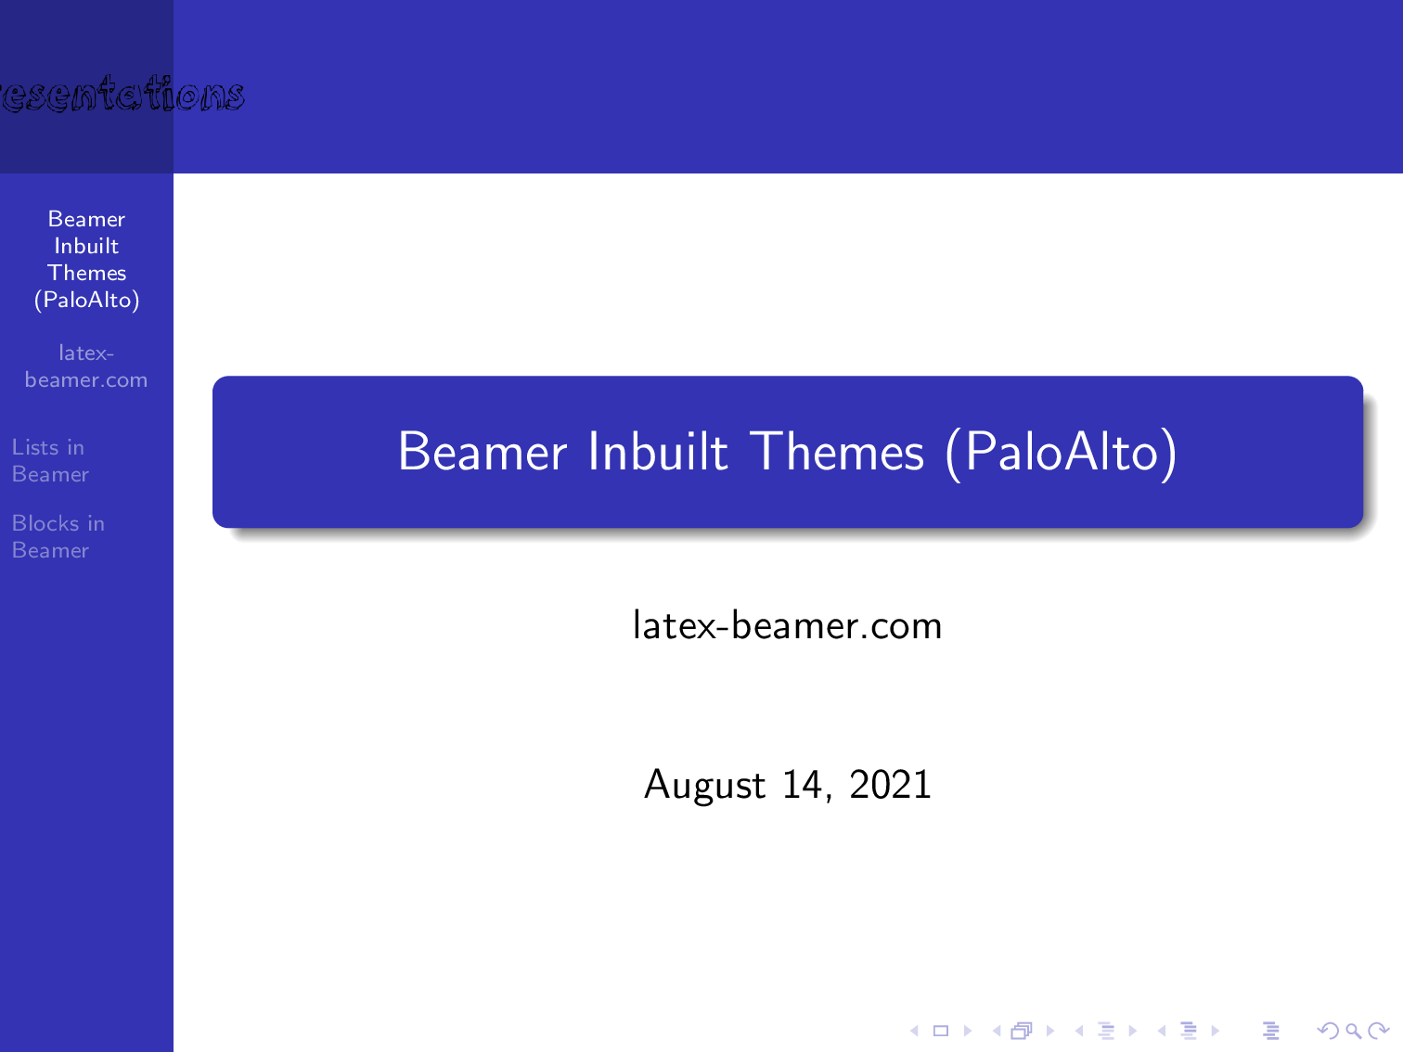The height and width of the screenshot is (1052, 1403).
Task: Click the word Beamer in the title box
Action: [482, 453]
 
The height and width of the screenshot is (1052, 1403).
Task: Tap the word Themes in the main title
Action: [837, 453]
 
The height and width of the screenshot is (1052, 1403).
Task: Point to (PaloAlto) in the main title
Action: [1062, 453]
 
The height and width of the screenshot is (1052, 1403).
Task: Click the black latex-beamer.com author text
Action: [787, 626]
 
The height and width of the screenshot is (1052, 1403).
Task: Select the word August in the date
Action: [704, 786]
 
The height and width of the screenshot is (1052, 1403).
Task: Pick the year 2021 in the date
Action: [890, 785]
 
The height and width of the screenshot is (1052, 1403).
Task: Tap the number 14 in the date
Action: [803, 785]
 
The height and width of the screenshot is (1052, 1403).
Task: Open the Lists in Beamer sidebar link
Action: [50, 461]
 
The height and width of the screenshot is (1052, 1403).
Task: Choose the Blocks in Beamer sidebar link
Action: [58, 537]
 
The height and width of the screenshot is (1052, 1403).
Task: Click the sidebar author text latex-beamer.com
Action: [86, 366]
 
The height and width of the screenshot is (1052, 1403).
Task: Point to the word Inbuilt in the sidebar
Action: [86, 246]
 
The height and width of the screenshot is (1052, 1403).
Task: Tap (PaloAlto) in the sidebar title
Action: [86, 300]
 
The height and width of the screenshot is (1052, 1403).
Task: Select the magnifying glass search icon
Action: [1353, 1031]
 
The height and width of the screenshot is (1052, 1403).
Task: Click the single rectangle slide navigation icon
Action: [940, 1031]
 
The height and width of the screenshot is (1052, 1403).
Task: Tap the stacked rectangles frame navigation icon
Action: [1022, 1031]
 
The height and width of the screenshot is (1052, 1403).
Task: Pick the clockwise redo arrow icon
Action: [1379, 1031]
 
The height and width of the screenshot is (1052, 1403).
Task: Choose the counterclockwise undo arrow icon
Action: [1328, 1031]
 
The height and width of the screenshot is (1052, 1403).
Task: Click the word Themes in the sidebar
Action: [86, 273]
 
